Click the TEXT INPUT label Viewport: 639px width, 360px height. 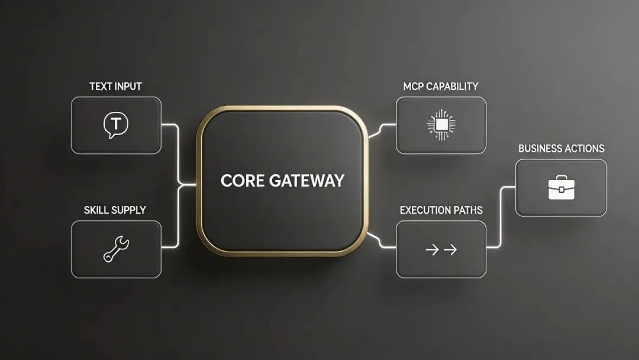click(115, 86)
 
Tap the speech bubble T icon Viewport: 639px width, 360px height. click(115, 126)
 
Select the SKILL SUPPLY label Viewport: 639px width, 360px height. click(115, 210)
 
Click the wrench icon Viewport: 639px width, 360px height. click(116, 249)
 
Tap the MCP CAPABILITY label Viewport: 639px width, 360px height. click(440, 86)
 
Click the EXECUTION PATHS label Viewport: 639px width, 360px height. click(441, 210)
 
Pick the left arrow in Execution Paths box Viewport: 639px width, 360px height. click(432, 250)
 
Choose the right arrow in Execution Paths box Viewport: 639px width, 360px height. click(450, 250)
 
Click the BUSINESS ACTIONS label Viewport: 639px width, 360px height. click(561, 149)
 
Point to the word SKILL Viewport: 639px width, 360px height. click(95, 210)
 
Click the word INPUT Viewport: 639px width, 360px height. click(128, 86)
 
